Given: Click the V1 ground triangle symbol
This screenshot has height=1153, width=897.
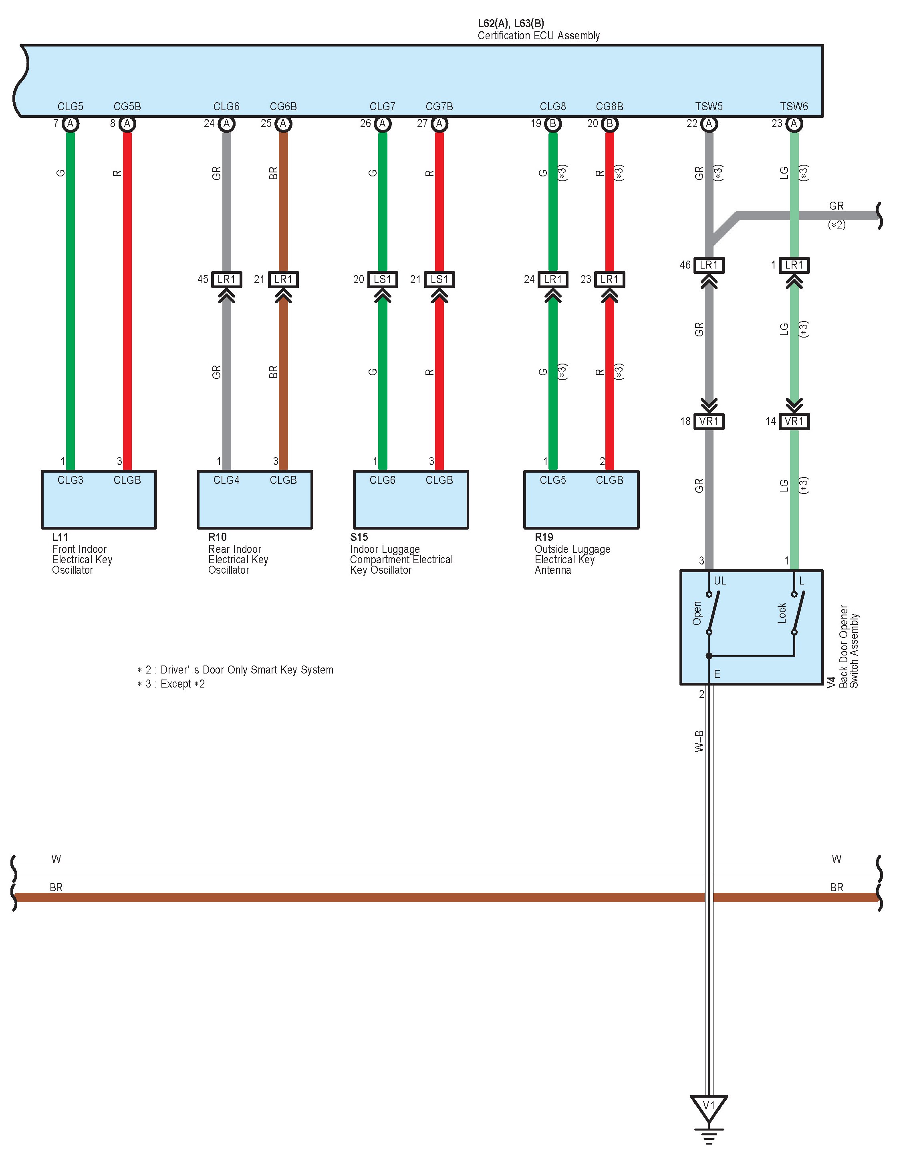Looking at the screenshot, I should pyautogui.click(x=709, y=1106).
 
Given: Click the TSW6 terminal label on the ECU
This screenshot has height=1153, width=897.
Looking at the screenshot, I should pyautogui.click(x=794, y=107).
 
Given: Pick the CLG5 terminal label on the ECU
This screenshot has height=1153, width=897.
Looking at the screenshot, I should pyautogui.click(x=70, y=107).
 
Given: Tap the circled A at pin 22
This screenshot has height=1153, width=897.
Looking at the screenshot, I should pyautogui.click(x=709, y=123).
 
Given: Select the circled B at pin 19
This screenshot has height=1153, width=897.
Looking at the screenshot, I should pyautogui.click(x=552, y=123).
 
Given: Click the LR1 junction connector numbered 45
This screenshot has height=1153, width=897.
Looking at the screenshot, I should pyautogui.click(x=226, y=279).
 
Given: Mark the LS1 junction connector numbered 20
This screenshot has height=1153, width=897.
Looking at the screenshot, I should pyautogui.click(x=382, y=279).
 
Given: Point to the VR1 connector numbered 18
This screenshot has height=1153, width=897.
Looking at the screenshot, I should pyautogui.click(x=709, y=421).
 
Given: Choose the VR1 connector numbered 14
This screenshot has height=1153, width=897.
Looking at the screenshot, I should pyautogui.click(x=794, y=421).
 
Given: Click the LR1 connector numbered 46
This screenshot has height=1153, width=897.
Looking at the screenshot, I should pyautogui.click(x=709, y=265).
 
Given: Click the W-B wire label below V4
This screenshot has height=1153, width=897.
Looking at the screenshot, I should pyautogui.click(x=699, y=741).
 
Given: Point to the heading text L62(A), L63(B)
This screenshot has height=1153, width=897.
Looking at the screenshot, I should pyautogui.click(x=511, y=23).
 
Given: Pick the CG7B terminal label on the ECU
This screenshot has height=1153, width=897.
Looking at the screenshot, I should pyautogui.click(x=439, y=107).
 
